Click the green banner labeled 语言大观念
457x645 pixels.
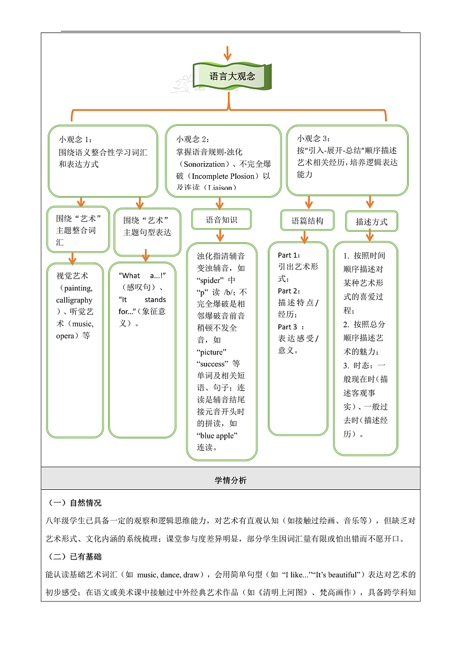tap(232, 77)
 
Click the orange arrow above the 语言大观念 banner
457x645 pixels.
tap(227, 53)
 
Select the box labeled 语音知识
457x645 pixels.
tap(221, 220)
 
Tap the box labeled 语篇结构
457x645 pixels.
tap(307, 221)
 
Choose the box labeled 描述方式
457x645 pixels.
tap(371, 222)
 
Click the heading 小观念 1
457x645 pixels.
tap(75, 139)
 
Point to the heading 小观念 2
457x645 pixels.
tap(193, 139)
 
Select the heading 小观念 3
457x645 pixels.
tap(314, 138)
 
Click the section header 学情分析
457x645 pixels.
tap(230, 480)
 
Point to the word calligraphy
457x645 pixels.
tap(74, 300)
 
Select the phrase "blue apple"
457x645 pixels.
tap(217, 435)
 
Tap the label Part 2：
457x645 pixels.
tap(288, 291)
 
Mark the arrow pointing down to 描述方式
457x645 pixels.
tap(370, 202)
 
